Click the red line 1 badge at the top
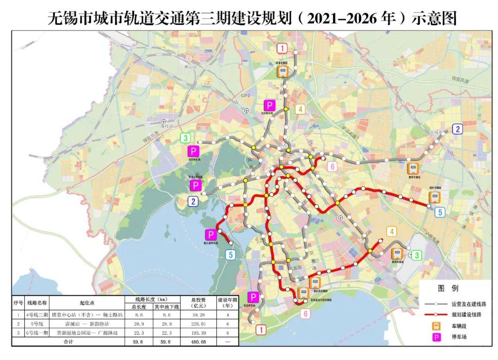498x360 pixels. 282,48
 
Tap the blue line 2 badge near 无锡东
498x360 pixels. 457,129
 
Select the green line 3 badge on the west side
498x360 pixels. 185,138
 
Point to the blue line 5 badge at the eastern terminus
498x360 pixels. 440,212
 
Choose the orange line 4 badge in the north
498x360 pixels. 300,109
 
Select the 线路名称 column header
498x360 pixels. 37,303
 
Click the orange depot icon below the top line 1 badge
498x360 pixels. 282,71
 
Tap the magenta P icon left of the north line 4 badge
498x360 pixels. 269,105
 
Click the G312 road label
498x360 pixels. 245,95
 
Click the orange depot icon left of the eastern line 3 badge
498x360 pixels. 396,253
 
